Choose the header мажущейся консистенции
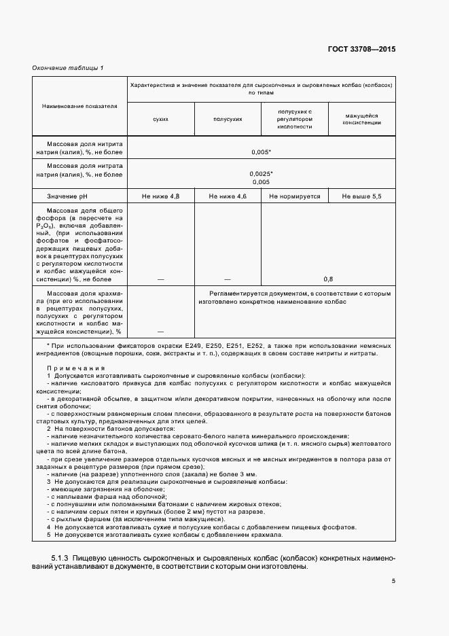coord(361,119)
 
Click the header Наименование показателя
coord(79,106)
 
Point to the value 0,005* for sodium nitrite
coord(261,152)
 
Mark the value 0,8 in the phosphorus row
coord(328,279)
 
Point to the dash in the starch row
coord(161,331)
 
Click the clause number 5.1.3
coord(61,558)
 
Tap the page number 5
coord(393,581)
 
